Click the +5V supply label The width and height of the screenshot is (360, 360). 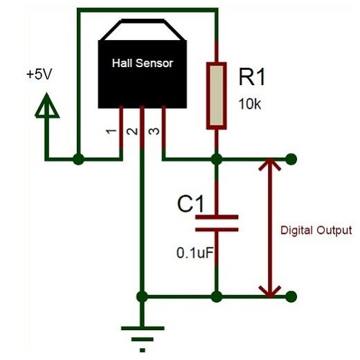coord(38,74)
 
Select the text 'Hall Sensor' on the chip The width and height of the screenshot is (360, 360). coord(143,63)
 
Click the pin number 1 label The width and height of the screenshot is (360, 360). coord(109,132)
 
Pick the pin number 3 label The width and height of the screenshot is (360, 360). coord(154,132)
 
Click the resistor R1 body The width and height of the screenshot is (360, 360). coord(217,95)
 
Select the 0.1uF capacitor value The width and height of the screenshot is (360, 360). coord(194,253)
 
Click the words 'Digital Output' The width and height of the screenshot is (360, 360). coord(316,230)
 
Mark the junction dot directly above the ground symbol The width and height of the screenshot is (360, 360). coord(142,297)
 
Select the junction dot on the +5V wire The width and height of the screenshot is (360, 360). coord(78,160)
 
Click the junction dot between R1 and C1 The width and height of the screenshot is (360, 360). coord(217,159)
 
